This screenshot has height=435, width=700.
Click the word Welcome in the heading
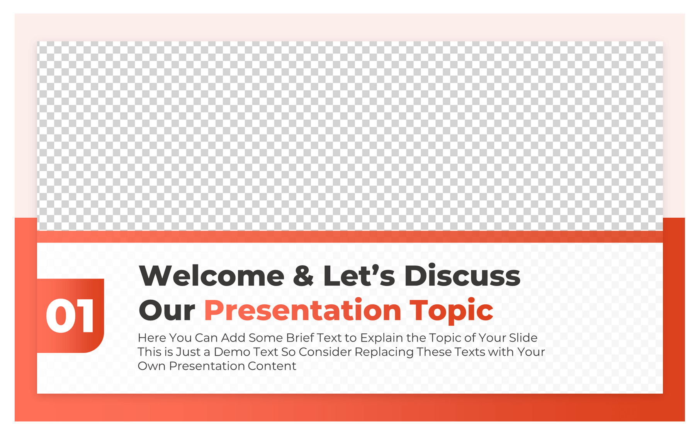[211, 276]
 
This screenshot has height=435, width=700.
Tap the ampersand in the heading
[303, 276]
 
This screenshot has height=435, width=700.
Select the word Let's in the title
[359, 276]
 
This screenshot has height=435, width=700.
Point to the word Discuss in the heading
[462, 276]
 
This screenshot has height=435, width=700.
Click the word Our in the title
[167, 310]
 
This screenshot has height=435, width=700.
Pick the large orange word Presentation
[303, 310]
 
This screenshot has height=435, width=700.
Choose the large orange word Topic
[451, 310]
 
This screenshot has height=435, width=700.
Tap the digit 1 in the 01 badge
[85, 316]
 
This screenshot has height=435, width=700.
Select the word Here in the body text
[152, 338]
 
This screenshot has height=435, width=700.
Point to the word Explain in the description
[382, 338]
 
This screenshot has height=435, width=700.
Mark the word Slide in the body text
[523, 338]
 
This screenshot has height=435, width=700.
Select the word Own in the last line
[151, 366]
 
